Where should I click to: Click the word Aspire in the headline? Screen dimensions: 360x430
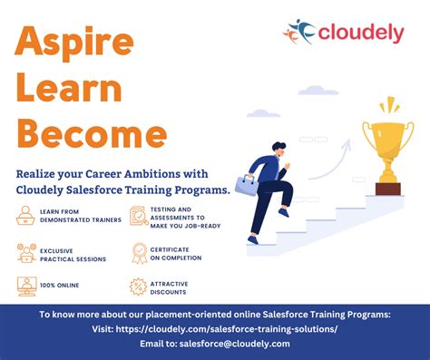click(x=75, y=42)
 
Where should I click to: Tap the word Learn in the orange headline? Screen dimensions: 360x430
click(x=70, y=90)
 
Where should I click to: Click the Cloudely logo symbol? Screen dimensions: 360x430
click(x=299, y=33)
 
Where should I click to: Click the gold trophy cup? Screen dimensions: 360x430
click(x=387, y=141)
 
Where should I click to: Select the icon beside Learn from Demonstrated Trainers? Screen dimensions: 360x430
click(x=26, y=215)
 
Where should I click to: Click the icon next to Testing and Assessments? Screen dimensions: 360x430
click(x=139, y=215)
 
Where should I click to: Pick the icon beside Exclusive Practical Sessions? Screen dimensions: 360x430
click(x=26, y=253)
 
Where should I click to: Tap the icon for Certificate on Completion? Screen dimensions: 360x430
click(x=139, y=253)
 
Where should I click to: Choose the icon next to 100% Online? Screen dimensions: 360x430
click(x=26, y=287)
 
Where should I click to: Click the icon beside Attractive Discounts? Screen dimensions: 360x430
click(x=139, y=287)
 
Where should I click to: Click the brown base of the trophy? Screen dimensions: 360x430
click(x=387, y=189)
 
